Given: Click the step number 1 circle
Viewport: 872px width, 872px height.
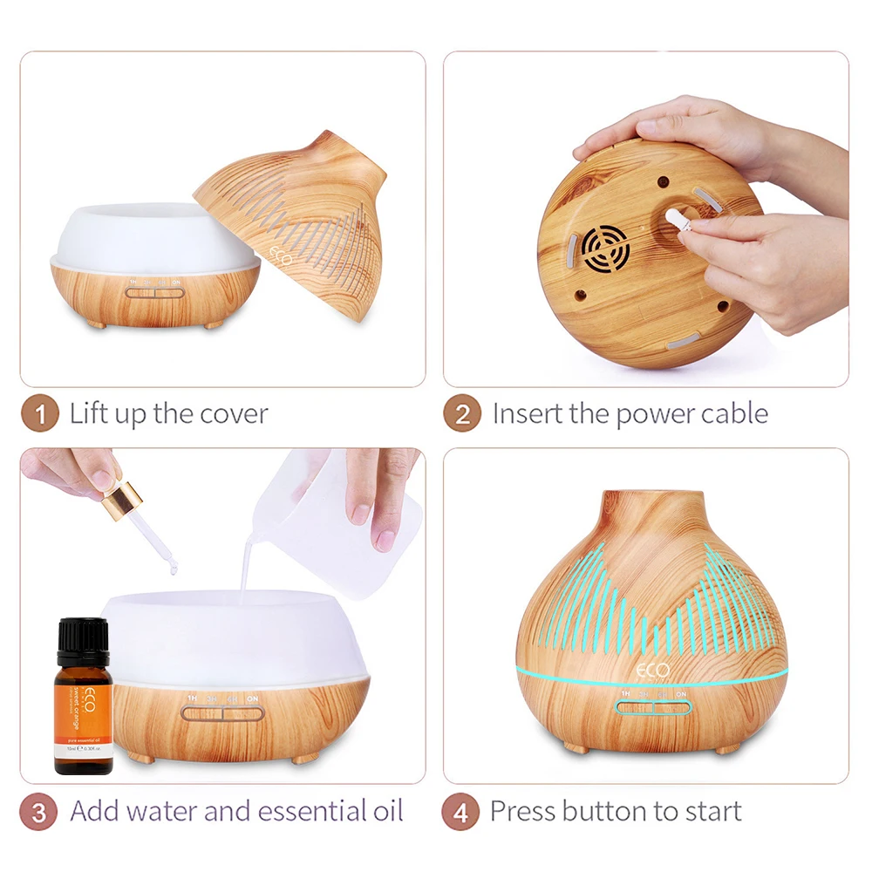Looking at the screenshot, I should pyautogui.click(x=39, y=413).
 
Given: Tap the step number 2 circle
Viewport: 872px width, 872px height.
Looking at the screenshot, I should pyautogui.click(x=461, y=413).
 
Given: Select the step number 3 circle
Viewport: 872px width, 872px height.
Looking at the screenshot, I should pyautogui.click(x=39, y=812).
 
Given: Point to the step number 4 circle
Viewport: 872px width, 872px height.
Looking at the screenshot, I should pyautogui.click(x=461, y=812).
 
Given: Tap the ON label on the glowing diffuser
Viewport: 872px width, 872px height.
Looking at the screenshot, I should pyautogui.click(x=680, y=695).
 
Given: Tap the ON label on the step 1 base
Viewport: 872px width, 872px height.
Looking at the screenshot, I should pyautogui.click(x=177, y=283).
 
